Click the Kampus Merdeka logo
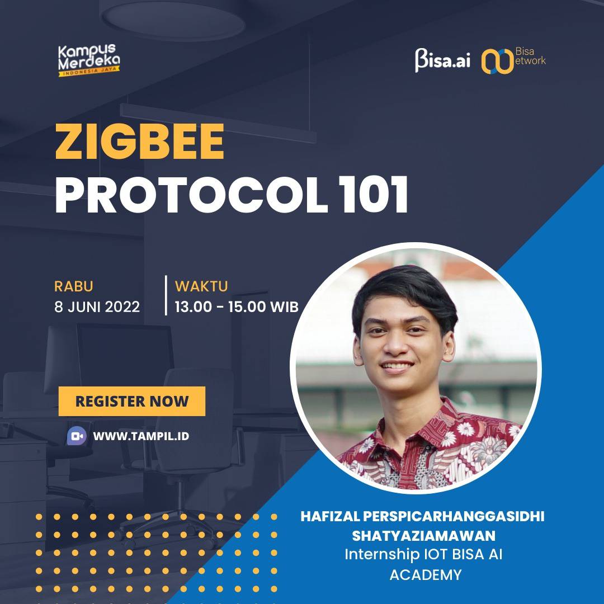pyautogui.click(x=89, y=60)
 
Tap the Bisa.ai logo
pyautogui.click(x=442, y=60)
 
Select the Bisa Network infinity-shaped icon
pyautogui.click(x=498, y=61)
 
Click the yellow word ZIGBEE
pyautogui.click(x=140, y=141)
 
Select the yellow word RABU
pyautogui.click(x=74, y=286)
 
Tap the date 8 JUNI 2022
pyautogui.click(x=97, y=307)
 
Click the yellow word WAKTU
pyautogui.click(x=201, y=286)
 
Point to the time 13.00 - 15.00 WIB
pyautogui.click(x=237, y=307)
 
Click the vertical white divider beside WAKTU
pyautogui.click(x=166, y=295)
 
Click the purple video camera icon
pyautogui.click(x=77, y=436)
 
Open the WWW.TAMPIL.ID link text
pyautogui.click(x=141, y=436)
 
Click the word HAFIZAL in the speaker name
pyautogui.click(x=330, y=517)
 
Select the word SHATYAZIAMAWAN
pyautogui.click(x=424, y=536)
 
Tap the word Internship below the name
pyautogui.click(x=382, y=555)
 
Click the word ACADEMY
pyautogui.click(x=426, y=575)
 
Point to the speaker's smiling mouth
pyautogui.click(x=397, y=365)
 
